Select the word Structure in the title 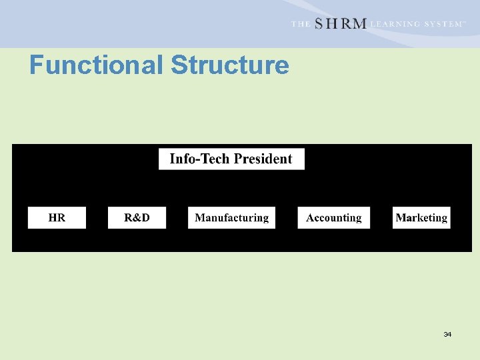pos(230,65)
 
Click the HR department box pos(57,218)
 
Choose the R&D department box pos(137,218)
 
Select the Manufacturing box pos(231,218)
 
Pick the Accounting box pos(333,218)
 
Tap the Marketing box pos(421,218)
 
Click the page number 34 pos(447,334)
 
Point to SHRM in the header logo pos(340,23)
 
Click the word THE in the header pos(300,24)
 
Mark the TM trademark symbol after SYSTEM pos(464,21)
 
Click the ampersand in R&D pos(137,218)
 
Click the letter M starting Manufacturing pos(200,218)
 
